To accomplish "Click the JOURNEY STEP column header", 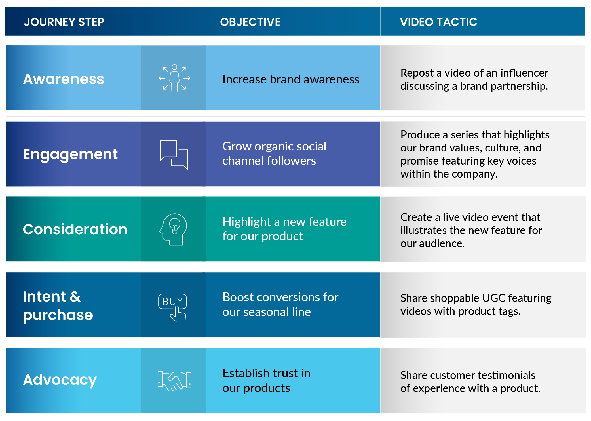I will point(64,22).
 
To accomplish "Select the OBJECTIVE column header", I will point(250,22).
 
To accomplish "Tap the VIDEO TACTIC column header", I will point(438,22).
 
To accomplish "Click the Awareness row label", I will point(64,79).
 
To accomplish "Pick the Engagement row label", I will point(70,154).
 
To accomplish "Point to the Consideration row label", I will point(75,229).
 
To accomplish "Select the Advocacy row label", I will point(60,380).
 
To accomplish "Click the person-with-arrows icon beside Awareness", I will point(174,78).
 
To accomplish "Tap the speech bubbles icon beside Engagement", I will point(174,155).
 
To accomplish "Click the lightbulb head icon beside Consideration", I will point(173,229).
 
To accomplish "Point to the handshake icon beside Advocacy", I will point(174,381).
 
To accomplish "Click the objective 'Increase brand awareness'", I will point(291,79).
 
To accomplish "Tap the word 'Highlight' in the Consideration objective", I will point(247,222).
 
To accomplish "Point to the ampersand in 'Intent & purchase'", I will point(75,297).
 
